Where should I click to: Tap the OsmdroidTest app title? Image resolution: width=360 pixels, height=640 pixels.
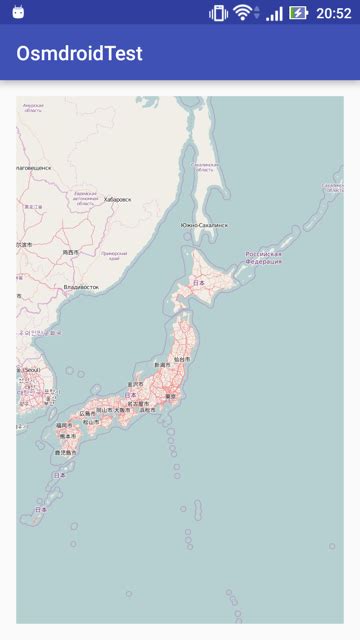coord(79,53)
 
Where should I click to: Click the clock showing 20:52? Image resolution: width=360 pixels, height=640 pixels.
coord(333,13)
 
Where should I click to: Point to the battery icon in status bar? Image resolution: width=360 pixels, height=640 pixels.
coord(299,13)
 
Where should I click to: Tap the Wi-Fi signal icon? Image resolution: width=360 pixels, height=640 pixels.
coord(243,13)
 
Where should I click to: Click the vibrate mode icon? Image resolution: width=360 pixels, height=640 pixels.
coord(218,13)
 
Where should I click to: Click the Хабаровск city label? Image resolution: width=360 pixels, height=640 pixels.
coord(117,199)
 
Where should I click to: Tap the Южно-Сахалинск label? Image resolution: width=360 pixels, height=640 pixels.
coord(204,225)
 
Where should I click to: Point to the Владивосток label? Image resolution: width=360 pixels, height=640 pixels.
coord(81,287)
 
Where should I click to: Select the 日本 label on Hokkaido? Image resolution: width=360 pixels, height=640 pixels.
coord(198,283)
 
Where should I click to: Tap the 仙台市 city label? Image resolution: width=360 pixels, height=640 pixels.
coord(181,359)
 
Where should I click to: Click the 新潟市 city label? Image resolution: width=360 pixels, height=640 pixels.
coord(161,366)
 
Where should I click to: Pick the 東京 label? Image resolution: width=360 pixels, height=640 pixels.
coord(170,396)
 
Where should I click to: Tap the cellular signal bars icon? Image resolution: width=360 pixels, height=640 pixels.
coord(273,13)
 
